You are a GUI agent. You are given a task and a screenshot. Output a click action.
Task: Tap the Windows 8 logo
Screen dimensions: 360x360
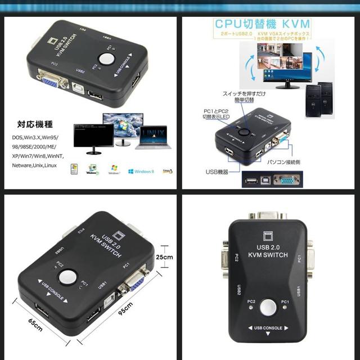(x=140, y=170)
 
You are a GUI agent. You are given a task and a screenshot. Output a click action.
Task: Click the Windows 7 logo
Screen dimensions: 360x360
(x=115, y=169)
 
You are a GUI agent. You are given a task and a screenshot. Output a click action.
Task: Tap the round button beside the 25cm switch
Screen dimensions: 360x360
(x=69, y=276)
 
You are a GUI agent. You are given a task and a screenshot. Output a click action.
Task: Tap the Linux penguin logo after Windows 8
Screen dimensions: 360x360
(x=167, y=170)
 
